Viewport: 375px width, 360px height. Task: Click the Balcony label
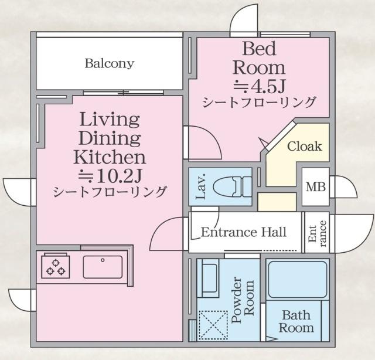110,64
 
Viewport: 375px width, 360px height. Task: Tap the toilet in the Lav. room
232,186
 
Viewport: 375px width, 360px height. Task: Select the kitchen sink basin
103,267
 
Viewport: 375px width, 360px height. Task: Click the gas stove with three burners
56,267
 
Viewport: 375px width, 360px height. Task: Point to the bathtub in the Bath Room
298,279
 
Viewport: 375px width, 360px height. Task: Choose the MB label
316,187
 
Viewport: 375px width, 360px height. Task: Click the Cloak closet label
305,146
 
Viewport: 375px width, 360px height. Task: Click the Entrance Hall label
244,232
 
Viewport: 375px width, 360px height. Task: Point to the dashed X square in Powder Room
213,325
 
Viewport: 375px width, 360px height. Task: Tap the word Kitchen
110,157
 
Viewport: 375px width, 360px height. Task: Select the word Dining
110,138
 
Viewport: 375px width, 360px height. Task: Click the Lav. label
201,186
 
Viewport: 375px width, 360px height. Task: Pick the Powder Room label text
243,300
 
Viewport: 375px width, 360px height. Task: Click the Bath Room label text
296,321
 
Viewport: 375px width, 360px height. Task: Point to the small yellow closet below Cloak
277,202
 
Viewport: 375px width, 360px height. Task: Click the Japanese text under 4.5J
260,102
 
